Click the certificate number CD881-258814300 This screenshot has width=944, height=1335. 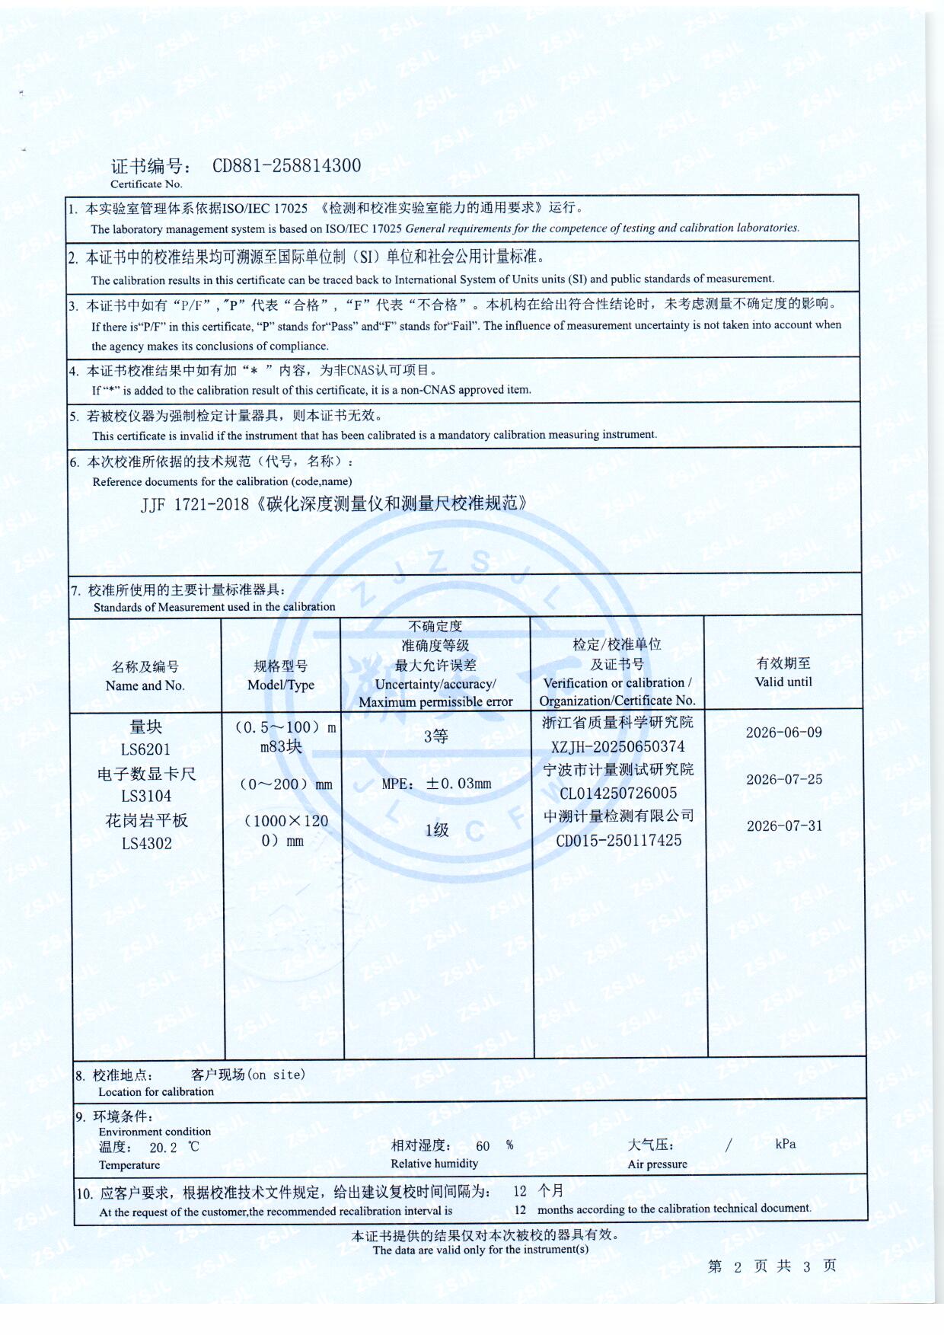286,166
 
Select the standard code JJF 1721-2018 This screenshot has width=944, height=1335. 195,505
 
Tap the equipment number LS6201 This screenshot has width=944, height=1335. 145,749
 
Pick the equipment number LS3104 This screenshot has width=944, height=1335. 146,797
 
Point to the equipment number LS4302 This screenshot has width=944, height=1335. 146,844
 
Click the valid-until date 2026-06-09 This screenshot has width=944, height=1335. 783,733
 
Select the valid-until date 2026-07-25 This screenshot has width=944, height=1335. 784,780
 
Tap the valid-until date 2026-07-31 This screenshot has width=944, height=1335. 784,826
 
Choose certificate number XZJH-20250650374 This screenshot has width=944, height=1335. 617,747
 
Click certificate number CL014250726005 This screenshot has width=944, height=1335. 618,794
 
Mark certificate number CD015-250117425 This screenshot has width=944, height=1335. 618,841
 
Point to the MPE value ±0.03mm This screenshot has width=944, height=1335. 458,784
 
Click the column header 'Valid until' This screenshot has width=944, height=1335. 783,682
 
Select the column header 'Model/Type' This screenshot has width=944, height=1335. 280,685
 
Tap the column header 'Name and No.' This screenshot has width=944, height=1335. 145,685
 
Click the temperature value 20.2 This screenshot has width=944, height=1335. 163,1148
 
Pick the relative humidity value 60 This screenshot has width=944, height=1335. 483,1146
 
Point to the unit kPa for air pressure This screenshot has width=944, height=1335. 786,1144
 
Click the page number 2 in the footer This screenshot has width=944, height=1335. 737,1267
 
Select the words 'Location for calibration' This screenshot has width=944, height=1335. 156,1092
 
